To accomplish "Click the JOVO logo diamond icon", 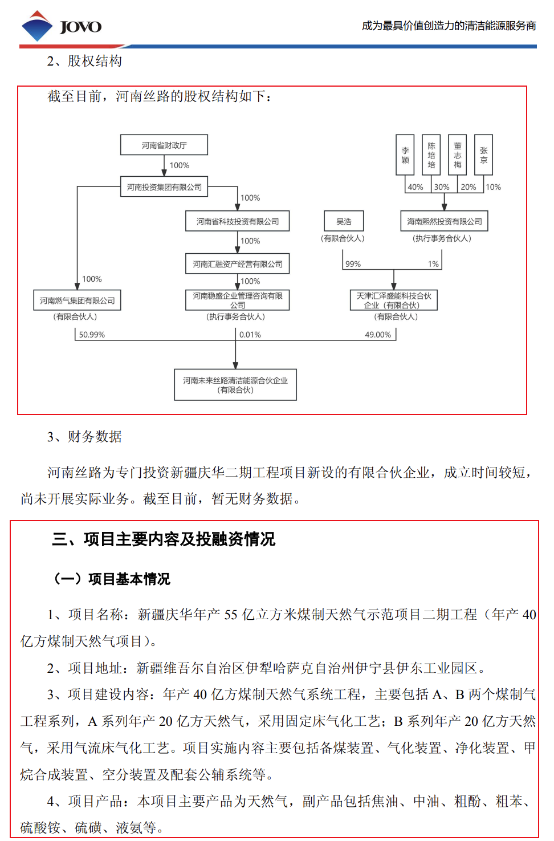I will click(37, 26).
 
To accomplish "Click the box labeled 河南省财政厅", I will click(164, 145).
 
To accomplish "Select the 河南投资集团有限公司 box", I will click(164, 186).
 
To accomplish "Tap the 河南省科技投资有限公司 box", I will click(238, 221).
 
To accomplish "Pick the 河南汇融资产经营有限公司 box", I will click(238, 264).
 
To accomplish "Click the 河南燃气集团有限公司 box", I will click(78, 300).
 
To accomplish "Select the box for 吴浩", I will click(344, 221).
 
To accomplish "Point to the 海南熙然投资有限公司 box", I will click(444, 221).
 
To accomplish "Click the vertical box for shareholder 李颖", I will click(405, 155).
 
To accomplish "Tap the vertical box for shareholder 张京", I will click(483, 155).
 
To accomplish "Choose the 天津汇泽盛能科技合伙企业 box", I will click(394, 300).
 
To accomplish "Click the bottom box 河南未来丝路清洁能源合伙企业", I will click(235, 385).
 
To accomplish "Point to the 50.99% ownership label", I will click(92, 335).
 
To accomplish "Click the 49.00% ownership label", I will click(378, 335).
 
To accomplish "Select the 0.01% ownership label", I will click(250, 335).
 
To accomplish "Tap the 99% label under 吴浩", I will click(353, 264).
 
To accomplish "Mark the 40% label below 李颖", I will click(415, 187).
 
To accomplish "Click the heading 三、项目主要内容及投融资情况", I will click(164, 539).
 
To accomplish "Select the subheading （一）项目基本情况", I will click(112, 579).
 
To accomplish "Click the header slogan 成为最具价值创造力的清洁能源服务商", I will click(449, 26).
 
